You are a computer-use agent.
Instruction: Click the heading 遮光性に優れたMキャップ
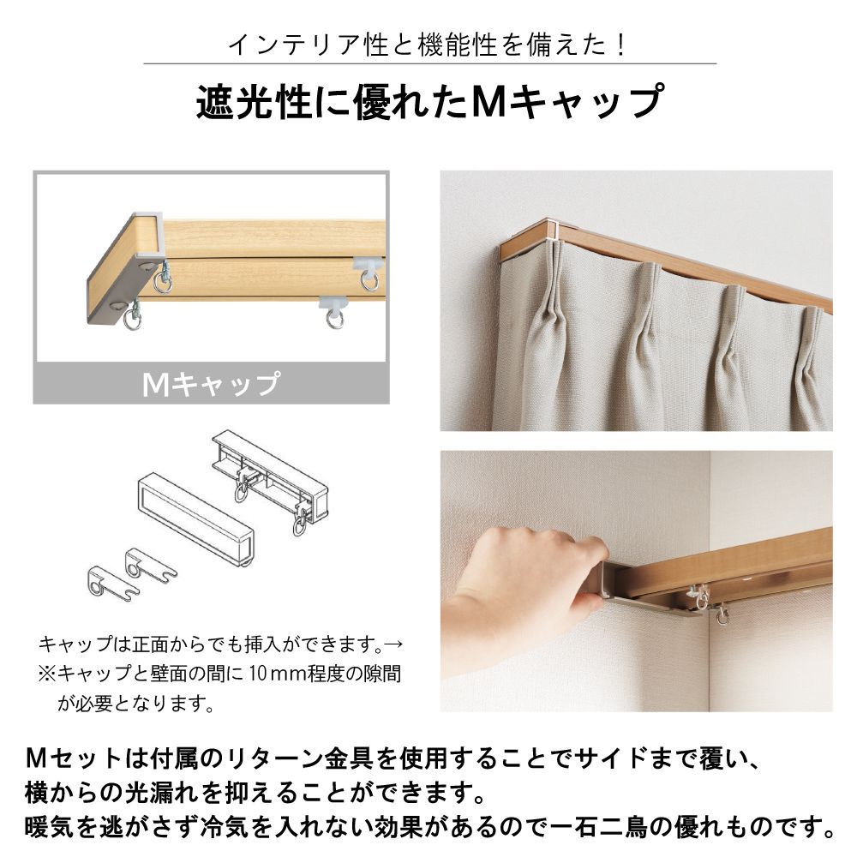[x=430, y=102]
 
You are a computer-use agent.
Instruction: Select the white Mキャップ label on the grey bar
[x=212, y=384]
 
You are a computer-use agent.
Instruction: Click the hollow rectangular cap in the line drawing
[x=195, y=518]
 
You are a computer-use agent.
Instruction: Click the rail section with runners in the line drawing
[x=271, y=478]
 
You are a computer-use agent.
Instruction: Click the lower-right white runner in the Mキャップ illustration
[x=334, y=311]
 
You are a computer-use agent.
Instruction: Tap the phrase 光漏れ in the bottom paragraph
[x=154, y=793]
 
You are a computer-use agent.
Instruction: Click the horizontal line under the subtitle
[x=430, y=64]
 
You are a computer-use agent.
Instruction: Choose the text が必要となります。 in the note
[x=135, y=704]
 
